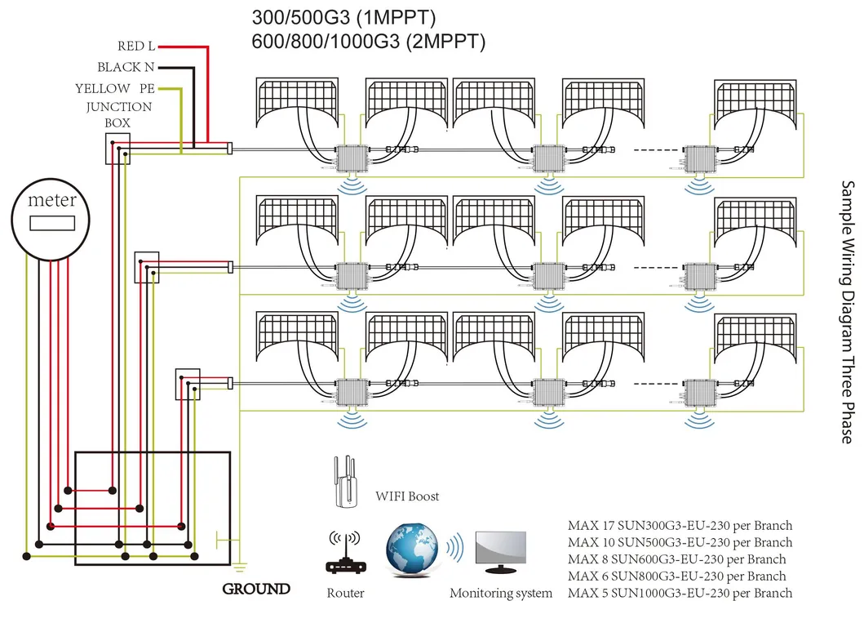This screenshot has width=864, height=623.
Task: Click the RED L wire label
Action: tap(135, 47)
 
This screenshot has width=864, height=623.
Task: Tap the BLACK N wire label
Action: tap(126, 67)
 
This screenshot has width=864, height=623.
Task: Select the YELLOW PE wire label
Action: tap(114, 88)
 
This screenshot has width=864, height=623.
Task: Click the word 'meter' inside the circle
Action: tap(52, 200)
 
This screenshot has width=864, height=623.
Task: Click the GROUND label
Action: tap(256, 589)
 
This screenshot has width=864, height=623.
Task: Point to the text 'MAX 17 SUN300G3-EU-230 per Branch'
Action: tap(680, 525)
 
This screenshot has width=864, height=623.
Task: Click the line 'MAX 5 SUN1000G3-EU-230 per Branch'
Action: tap(680, 593)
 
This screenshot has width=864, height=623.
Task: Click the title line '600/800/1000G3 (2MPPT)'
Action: tap(367, 40)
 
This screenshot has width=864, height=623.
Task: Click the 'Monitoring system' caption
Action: tap(500, 594)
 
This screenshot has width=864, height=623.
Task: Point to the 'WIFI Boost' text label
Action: tap(407, 496)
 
